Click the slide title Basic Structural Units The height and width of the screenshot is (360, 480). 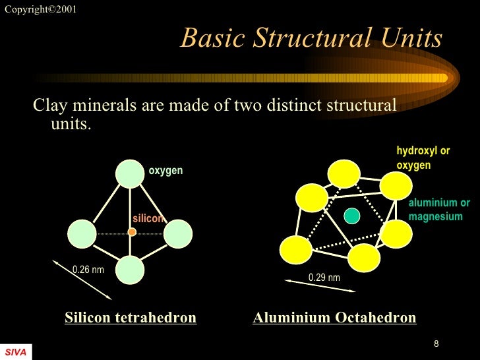coord(311,38)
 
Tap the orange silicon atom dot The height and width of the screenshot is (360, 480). coord(132,232)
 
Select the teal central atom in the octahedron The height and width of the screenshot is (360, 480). coord(352,216)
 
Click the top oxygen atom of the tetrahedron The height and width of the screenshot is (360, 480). coord(130,173)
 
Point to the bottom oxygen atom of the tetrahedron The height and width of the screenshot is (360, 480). coord(130,269)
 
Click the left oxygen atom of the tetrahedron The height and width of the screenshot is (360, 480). coord(82,233)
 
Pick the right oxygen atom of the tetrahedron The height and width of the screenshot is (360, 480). coord(177,233)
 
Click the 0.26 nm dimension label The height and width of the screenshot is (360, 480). coord(88,270)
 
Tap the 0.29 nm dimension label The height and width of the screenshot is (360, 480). coord(324,278)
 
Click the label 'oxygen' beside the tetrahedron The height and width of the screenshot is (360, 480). coord(165,171)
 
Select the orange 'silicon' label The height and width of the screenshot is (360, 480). coord(148,219)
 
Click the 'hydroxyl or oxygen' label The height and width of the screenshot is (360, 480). coord(423,158)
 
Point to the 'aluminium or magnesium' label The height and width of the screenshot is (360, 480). coord(439,210)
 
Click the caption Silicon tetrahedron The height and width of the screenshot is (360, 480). coord(131,318)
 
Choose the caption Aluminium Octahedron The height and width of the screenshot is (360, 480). coord(334,318)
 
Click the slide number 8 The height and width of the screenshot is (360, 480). coord(436,344)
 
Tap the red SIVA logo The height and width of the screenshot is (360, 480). coord(15,353)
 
